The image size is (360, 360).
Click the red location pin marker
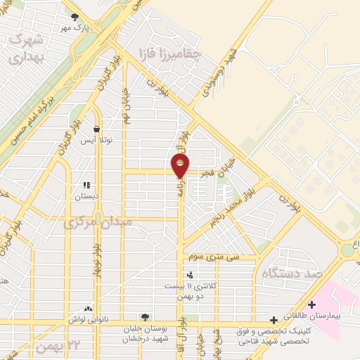[181, 165]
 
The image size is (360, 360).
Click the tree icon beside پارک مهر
[75, 17]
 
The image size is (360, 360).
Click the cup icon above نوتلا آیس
[96, 129]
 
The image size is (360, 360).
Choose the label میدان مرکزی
[97, 223]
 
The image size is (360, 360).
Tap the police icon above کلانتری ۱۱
[188, 275]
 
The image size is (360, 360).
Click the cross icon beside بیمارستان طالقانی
[311, 304]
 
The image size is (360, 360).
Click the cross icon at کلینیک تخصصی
[274, 321]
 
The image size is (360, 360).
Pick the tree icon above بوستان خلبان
[145, 317]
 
